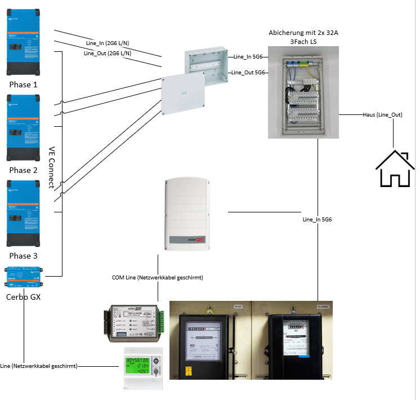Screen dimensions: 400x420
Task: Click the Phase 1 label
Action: coord(23,85)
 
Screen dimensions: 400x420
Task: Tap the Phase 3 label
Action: coord(23,256)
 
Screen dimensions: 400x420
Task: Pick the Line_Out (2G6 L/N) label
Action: coord(108,54)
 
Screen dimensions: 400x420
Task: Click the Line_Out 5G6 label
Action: coord(248,73)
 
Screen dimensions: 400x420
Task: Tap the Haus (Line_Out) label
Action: coord(383,115)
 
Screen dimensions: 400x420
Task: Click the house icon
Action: coord(395,169)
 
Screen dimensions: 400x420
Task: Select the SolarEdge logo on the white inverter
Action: coord(193,241)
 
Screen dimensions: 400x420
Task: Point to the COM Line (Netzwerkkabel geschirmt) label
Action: coord(158,278)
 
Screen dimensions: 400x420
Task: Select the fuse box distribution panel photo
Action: coord(303,92)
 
